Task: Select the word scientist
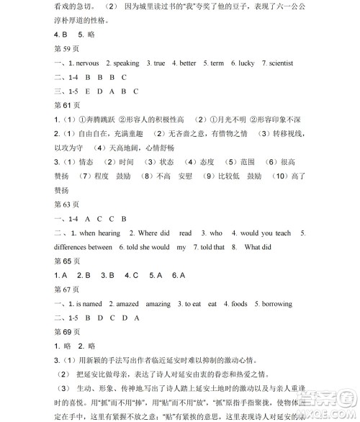tap(278, 63)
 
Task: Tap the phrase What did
tap(258, 247)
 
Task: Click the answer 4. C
tap(131, 275)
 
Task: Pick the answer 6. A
tap(179, 275)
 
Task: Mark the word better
tap(187, 63)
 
